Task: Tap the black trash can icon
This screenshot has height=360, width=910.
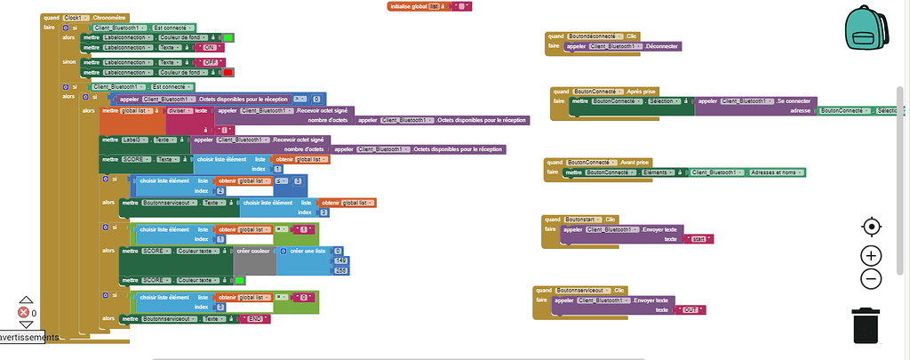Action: coord(866,324)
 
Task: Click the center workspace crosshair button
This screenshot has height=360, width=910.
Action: coord(871,227)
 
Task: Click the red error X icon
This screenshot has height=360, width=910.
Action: coord(24,313)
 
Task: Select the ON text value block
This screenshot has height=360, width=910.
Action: coord(210,47)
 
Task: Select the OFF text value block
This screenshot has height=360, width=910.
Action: coord(210,62)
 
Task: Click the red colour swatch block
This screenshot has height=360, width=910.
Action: coord(228,72)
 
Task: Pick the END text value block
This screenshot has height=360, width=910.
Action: coord(253,318)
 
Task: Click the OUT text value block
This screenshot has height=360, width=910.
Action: coord(690,310)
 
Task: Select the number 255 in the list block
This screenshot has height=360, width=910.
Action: coord(339,270)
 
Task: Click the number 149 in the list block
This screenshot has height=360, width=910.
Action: coord(339,260)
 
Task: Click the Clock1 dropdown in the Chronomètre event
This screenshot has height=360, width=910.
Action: coord(75,17)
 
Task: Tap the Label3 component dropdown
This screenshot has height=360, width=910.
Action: coord(136,140)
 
